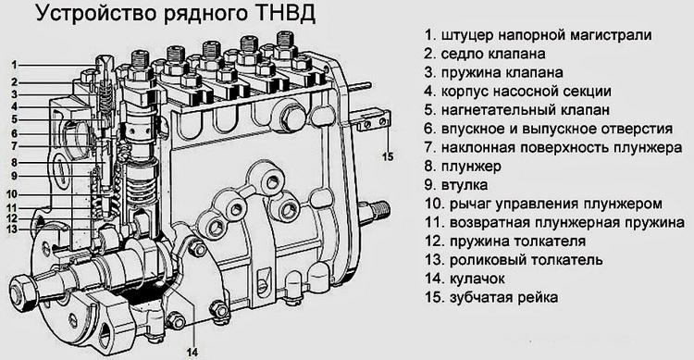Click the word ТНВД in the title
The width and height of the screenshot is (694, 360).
285,13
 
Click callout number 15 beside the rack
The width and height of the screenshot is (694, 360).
388,156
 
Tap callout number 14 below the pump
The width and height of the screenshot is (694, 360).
192,353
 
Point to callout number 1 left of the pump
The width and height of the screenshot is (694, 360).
14,65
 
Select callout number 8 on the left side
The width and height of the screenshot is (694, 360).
14,163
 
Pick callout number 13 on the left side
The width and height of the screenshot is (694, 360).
12,230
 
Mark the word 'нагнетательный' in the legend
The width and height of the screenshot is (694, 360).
498,110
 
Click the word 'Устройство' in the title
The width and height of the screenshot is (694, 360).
93,14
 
